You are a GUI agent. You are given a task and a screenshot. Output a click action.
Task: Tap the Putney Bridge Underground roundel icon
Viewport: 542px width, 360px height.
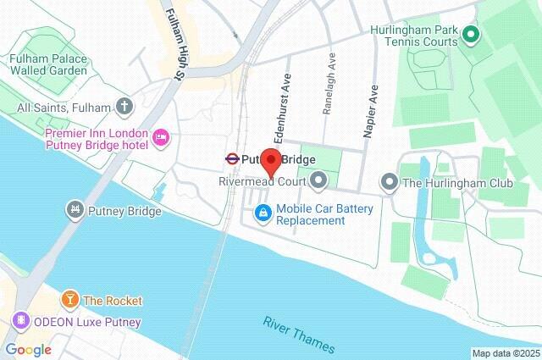(230, 158)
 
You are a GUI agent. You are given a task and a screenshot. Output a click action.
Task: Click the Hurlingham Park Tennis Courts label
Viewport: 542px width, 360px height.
(414, 36)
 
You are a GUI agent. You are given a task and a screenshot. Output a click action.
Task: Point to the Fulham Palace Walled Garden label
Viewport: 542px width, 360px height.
(48, 64)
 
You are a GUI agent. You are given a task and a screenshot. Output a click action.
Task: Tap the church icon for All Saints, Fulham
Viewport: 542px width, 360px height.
(125, 107)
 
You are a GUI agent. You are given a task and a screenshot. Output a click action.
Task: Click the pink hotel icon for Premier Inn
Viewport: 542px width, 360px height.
(161, 137)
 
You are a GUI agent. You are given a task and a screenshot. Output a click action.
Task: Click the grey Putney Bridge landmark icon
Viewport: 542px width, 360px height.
(75, 210)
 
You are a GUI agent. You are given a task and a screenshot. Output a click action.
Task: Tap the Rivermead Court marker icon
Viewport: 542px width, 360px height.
(318, 180)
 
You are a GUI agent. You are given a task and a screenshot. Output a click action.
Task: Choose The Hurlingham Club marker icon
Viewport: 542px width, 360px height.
(389, 181)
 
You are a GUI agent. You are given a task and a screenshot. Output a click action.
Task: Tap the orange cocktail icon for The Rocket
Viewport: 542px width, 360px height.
(70, 300)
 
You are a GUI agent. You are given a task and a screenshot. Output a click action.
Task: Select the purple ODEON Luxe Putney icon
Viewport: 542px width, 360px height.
(19, 322)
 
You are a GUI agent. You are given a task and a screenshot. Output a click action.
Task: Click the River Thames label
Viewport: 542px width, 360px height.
(299, 335)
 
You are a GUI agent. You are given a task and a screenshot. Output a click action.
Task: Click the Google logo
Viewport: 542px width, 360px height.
(28, 350)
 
